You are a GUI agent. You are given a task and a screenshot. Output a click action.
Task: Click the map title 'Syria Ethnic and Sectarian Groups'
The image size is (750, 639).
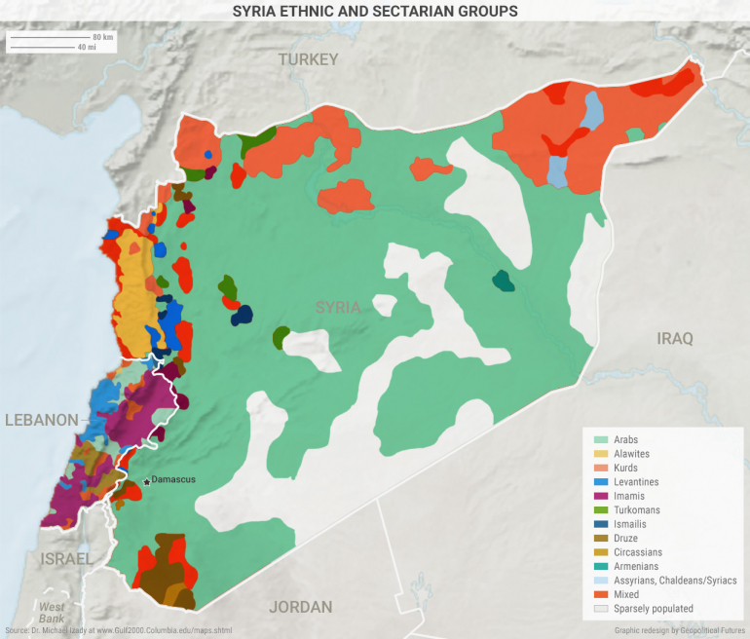tap(375, 11)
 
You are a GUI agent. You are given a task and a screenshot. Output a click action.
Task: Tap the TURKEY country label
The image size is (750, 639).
tap(308, 59)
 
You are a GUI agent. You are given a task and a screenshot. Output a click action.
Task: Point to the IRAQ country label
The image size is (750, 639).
tap(674, 339)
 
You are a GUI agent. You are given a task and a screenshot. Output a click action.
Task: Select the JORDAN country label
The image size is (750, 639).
tap(300, 607)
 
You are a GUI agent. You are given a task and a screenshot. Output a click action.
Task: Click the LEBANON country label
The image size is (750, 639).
tap(41, 420)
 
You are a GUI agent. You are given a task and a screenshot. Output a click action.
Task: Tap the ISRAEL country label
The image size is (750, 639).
tap(66, 559)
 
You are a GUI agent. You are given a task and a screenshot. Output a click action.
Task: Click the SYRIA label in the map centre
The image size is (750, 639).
tap(338, 307)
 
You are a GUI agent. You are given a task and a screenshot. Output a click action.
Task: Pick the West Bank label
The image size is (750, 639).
tap(52, 613)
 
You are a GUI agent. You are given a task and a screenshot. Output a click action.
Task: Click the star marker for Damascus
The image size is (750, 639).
tap(146, 481)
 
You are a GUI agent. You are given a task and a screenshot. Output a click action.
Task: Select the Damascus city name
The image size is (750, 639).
tap(173, 480)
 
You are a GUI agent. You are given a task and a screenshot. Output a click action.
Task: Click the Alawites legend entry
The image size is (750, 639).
tap(632, 454)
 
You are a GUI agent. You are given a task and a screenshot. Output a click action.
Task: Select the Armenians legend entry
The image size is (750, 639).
tap(636, 566)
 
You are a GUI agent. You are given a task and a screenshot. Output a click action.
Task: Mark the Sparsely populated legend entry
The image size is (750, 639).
tap(654, 608)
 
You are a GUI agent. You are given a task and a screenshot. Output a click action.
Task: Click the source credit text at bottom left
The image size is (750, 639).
tap(117, 631)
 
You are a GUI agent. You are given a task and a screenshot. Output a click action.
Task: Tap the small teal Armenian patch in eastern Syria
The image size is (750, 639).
tap(503, 282)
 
